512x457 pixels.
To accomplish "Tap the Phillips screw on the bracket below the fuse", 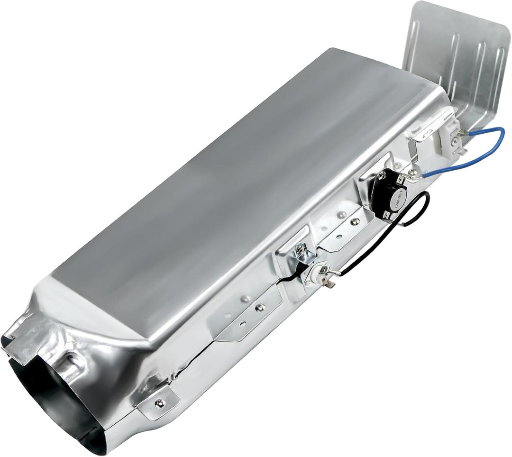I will (x=259, y=307).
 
